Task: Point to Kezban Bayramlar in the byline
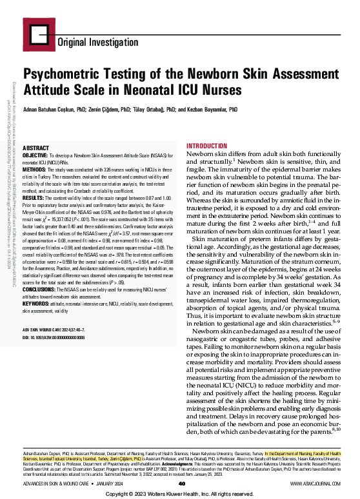point(211,110)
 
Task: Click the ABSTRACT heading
point(37,148)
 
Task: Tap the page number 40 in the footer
point(182,483)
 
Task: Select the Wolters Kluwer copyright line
point(180,493)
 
